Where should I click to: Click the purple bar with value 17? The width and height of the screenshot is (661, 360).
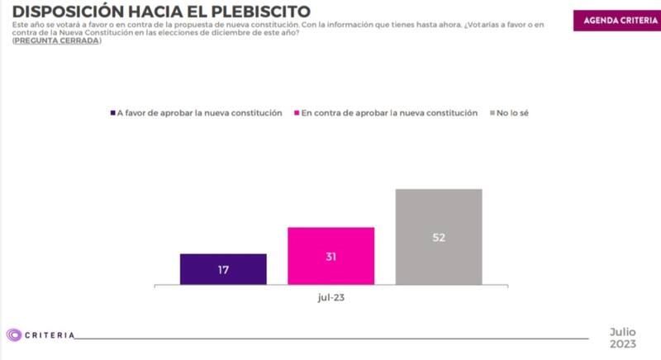(223, 269)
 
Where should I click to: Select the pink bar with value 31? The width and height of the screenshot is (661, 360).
(330, 256)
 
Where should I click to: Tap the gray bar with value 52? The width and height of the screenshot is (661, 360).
(438, 237)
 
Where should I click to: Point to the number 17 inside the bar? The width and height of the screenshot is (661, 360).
(223, 270)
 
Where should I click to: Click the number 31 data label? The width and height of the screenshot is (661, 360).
(330, 257)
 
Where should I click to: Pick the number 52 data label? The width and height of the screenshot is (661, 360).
(438, 238)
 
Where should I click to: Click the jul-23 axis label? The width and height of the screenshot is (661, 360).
(330, 297)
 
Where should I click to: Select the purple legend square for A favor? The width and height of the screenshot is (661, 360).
(112, 113)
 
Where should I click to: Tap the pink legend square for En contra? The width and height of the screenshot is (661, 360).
(297, 113)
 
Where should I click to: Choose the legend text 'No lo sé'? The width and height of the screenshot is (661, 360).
(514, 113)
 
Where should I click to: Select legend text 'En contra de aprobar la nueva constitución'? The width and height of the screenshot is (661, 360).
(390, 113)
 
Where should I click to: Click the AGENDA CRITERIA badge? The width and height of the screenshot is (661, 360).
(612, 20)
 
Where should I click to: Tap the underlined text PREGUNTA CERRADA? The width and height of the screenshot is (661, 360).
(57, 40)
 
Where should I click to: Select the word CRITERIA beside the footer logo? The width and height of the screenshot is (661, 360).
(50, 335)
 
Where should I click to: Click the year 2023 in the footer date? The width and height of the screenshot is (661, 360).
(624, 343)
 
